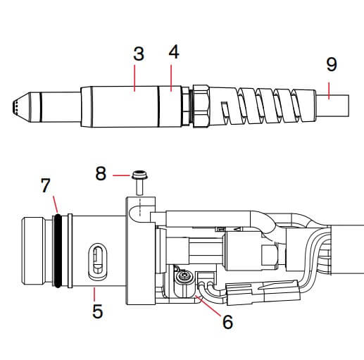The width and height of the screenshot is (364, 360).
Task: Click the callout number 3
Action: tap(139, 54)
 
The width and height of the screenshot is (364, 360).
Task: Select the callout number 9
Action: tap(332, 64)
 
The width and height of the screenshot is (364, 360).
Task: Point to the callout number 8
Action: tap(101, 173)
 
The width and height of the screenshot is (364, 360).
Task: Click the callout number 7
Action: tap(46, 185)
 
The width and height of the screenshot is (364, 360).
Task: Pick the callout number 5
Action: tap(97, 310)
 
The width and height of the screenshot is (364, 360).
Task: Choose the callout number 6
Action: tap(227, 321)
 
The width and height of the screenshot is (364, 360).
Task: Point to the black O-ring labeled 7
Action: tap(61, 250)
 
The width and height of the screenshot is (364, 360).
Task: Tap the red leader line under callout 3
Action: tap(136, 76)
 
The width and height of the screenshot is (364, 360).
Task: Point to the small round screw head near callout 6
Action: tap(185, 280)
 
